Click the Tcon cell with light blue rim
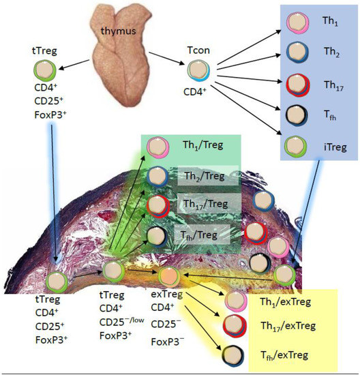pyautogui.click(x=198, y=68)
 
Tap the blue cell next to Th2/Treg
pyautogui.click(x=157, y=179)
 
